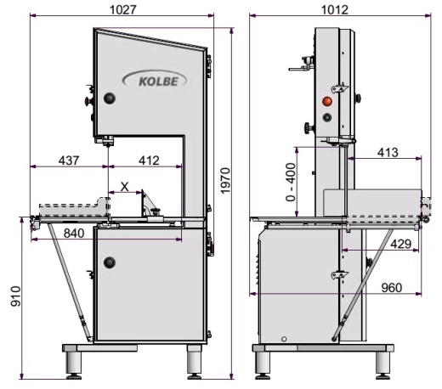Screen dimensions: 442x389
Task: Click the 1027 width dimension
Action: tap(123, 9)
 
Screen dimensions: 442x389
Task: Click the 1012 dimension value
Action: tap(335, 9)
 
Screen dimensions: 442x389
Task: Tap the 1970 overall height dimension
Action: tap(225, 181)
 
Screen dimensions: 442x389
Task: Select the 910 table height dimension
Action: tap(16, 296)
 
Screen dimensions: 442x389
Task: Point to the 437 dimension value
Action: tap(69, 161)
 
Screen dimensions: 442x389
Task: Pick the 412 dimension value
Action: tap(149, 161)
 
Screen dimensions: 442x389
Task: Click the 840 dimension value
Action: tap(74, 234)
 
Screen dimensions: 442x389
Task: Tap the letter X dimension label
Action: tap(125, 187)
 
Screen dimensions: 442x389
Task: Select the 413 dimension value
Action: tap(388, 153)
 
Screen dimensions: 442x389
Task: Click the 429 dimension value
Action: tap(400, 244)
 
